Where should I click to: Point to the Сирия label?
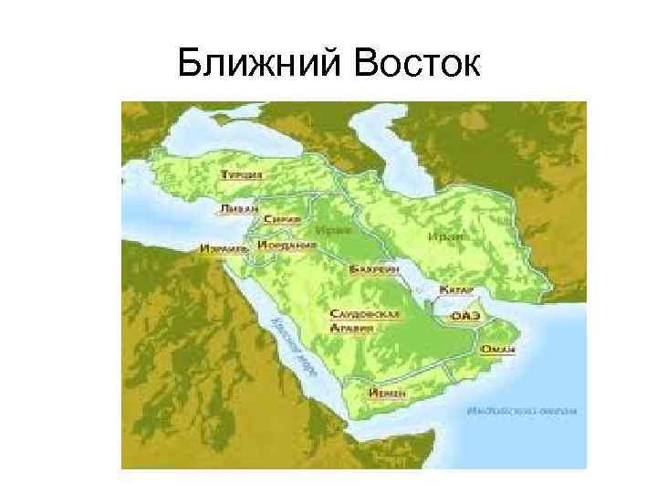(276, 220)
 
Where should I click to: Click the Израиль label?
(223, 247)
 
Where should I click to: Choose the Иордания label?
(287, 246)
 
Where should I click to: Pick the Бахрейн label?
(371, 271)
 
